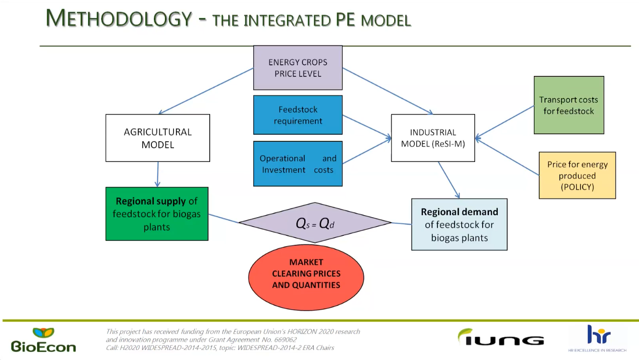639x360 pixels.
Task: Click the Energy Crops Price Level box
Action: pyautogui.click(x=298, y=68)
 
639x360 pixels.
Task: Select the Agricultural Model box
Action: pyautogui.click(x=157, y=138)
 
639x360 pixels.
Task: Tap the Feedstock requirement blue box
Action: pyautogui.click(x=298, y=115)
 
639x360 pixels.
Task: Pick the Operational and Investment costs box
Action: pyautogui.click(x=298, y=164)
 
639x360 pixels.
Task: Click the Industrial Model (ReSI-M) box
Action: pyautogui.click(x=433, y=138)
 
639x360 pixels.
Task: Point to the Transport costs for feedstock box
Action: pyautogui.click(x=569, y=105)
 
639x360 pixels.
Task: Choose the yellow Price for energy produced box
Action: pyautogui.click(x=577, y=175)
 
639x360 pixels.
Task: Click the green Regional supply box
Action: pyautogui.click(x=157, y=214)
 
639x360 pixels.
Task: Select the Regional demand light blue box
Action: pyautogui.click(x=459, y=224)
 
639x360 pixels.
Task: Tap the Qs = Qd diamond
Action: pyautogui.click(x=315, y=223)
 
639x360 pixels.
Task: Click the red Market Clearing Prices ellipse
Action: pyautogui.click(x=306, y=274)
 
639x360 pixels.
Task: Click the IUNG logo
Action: pyautogui.click(x=500, y=337)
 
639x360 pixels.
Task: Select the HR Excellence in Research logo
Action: pyautogui.click(x=598, y=338)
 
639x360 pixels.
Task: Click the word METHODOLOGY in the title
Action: pyautogui.click(x=119, y=19)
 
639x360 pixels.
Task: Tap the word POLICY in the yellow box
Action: pyautogui.click(x=577, y=187)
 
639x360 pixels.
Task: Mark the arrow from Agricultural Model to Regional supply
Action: pyautogui.click(x=158, y=174)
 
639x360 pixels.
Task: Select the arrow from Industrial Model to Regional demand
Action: pyautogui.click(x=448, y=180)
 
